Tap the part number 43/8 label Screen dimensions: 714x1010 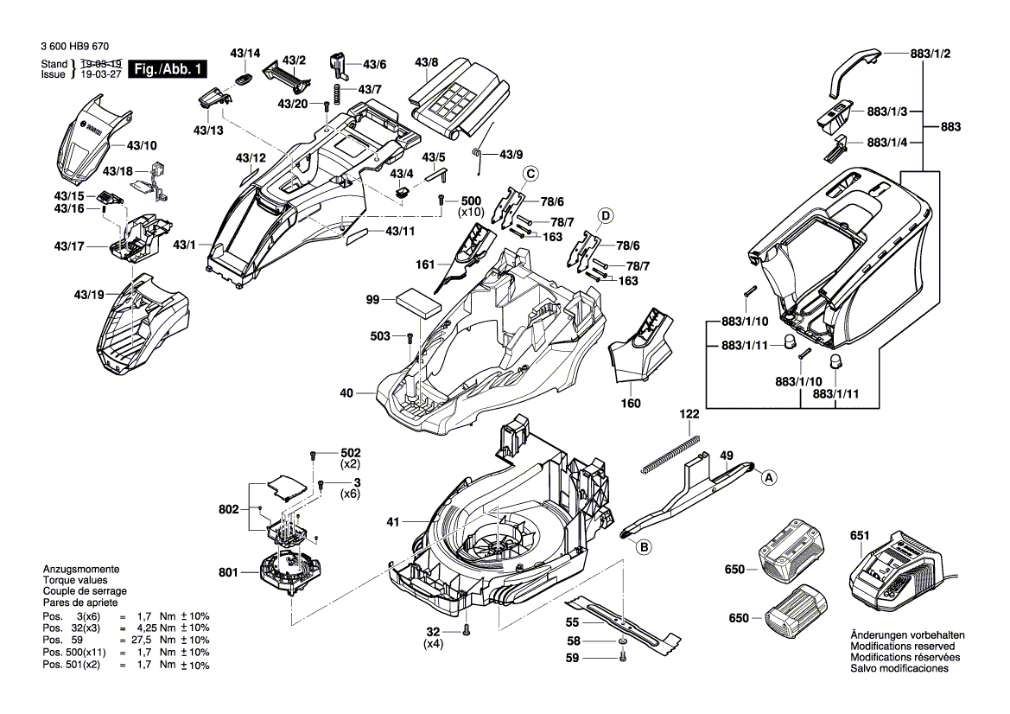(427, 62)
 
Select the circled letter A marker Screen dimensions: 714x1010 (767, 475)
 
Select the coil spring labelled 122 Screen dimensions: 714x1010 (670, 454)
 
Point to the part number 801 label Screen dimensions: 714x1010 (227, 571)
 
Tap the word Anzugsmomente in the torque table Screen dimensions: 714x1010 (81, 571)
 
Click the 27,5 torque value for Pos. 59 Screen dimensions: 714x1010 (139, 640)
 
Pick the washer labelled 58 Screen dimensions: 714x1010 (623, 643)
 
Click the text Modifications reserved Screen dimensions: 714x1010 (903, 646)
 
